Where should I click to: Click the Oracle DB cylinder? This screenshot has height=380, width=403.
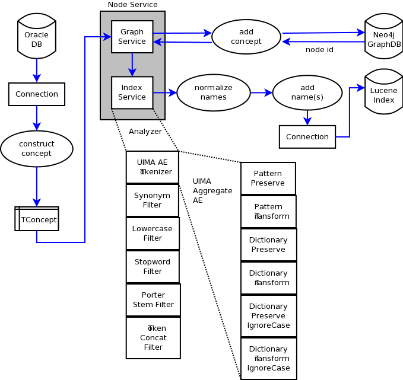(37, 39)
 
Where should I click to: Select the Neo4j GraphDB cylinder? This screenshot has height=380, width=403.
(383, 39)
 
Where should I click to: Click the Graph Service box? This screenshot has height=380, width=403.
(132, 37)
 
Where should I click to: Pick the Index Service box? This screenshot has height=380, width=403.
(132, 92)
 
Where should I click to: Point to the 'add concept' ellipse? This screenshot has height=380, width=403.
(246, 37)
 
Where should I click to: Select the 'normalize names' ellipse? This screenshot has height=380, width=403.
(213, 92)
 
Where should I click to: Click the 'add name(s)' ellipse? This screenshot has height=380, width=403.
(307, 92)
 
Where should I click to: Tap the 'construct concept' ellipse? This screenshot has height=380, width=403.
(37, 149)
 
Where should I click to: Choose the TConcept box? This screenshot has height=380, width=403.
(37, 219)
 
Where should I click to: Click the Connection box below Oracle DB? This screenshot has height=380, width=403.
(37, 94)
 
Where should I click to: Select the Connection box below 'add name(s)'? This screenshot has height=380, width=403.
(307, 137)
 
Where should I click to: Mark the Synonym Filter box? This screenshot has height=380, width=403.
(153, 200)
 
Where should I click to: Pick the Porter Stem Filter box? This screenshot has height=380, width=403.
(153, 300)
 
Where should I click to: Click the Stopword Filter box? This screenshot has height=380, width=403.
(153, 267)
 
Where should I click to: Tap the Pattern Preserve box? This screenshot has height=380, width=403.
(268, 178)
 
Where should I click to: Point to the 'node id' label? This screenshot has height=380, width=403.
(319, 50)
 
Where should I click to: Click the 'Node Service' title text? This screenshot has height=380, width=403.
(132, 5)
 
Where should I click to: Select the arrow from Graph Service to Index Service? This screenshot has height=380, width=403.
(132, 64)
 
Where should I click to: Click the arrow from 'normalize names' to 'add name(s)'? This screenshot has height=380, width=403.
(261, 92)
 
